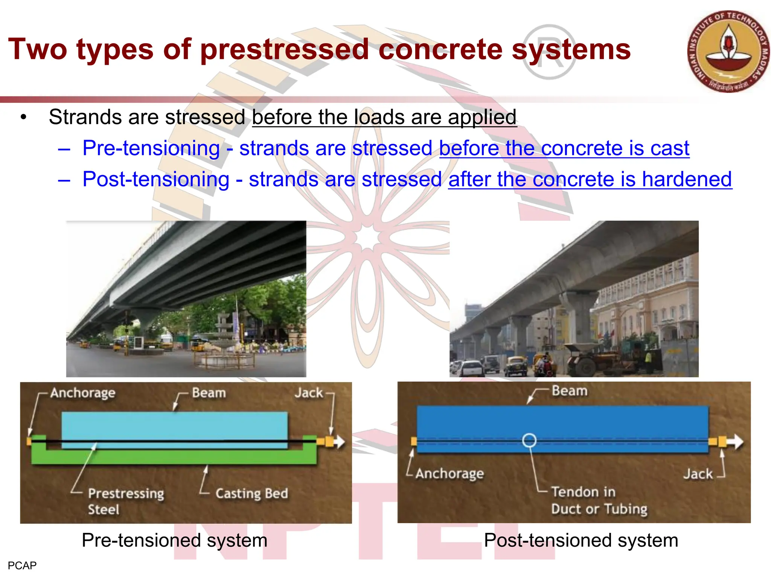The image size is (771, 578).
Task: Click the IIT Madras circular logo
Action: [728, 52]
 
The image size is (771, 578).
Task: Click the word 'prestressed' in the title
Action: [285, 49]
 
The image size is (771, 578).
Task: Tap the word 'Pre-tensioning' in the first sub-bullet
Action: [151, 148]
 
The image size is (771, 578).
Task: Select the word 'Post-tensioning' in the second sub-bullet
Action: [156, 179]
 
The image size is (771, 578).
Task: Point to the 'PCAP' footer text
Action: [22, 566]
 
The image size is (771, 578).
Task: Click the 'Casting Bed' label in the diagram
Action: [251, 493]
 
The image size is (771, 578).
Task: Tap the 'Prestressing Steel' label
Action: [125, 501]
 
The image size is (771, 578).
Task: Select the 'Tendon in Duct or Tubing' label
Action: [599, 500]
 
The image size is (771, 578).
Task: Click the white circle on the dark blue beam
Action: [529, 440]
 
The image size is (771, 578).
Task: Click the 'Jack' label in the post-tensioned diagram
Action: [698, 474]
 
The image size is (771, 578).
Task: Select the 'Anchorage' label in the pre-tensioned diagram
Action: [83, 393]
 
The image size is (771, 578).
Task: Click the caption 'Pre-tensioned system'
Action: [174, 540]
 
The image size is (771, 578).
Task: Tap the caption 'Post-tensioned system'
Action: [581, 540]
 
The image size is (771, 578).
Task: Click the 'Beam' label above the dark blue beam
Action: [569, 391]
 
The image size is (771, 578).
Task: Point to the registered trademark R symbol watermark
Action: [549, 52]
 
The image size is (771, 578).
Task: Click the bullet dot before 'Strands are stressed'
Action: [24, 117]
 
